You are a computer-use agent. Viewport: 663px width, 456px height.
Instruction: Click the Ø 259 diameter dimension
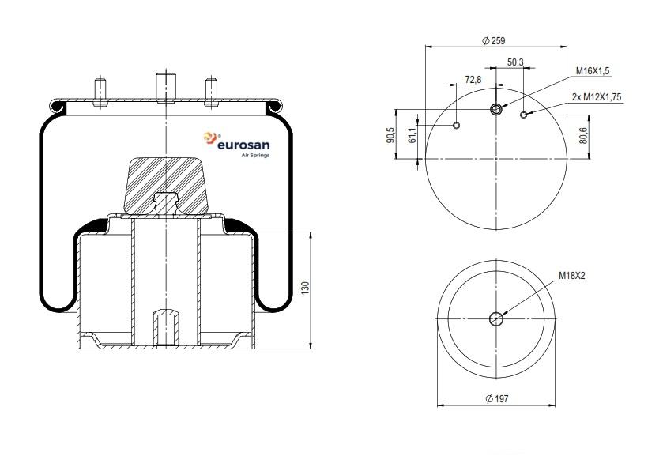coord(494,40)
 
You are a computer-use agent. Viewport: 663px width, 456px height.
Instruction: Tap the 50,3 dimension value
coord(515,62)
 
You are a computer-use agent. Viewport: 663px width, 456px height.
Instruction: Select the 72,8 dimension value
coord(473,79)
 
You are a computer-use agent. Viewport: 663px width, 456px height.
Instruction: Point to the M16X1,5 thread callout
coord(593,70)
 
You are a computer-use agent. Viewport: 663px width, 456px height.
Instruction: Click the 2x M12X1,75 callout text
coord(597,97)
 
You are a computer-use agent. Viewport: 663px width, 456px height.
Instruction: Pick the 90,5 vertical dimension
coord(390,135)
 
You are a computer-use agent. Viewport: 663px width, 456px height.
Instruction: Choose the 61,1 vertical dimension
coord(413,135)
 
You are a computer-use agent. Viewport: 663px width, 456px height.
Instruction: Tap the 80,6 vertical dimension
coord(583,135)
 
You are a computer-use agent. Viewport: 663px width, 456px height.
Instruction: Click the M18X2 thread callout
coord(572,276)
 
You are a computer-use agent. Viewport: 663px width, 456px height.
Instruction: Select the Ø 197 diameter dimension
coord(497,398)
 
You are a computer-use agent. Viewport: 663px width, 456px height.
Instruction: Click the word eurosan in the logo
coord(243,145)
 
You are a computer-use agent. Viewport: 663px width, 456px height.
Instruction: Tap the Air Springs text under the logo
coord(255,155)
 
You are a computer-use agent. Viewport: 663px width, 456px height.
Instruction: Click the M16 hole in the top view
coord(496,110)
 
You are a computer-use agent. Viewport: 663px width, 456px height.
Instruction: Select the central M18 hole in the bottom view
coord(496,318)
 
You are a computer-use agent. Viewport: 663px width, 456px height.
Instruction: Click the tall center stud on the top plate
coord(166,88)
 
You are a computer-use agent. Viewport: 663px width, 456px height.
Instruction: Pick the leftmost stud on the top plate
coord(100,92)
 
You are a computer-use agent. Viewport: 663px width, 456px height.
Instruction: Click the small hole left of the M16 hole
coord(456,125)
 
